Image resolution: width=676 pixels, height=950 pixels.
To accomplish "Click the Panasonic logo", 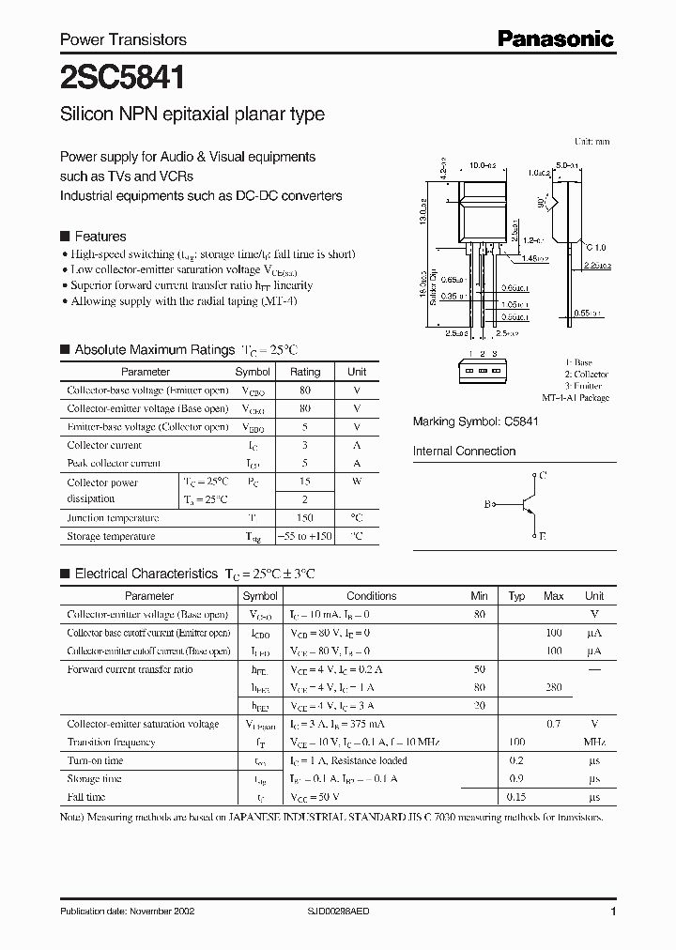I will click(x=555, y=38).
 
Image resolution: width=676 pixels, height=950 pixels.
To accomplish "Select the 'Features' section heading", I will click(x=100, y=237).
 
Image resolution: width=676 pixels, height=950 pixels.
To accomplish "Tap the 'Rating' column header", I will click(x=305, y=372).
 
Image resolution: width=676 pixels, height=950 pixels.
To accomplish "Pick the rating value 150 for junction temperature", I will click(x=305, y=518).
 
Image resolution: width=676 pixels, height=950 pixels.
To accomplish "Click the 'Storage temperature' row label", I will click(x=111, y=537).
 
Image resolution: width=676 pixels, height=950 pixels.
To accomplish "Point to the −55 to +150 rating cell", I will click(x=305, y=537).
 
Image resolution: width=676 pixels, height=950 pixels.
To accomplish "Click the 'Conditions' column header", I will click(x=371, y=596).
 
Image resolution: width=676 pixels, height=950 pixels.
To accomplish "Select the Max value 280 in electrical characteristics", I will click(x=554, y=688).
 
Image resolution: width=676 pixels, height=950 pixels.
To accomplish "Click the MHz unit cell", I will click(x=593, y=743).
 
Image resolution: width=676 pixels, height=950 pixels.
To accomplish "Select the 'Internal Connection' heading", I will click(x=464, y=452).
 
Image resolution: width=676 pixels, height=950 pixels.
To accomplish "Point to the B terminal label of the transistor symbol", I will click(x=487, y=505).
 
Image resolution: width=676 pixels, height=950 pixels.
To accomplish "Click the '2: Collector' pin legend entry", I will click(x=587, y=374).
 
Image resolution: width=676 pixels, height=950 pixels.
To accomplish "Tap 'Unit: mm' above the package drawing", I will click(x=591, y=141).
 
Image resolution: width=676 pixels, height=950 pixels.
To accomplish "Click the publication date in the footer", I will click(x=126, y=912).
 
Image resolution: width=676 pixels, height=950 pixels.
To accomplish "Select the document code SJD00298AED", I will click(x=370, y=912).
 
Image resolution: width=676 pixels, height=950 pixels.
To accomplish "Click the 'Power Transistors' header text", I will click(x=123, y=39).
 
